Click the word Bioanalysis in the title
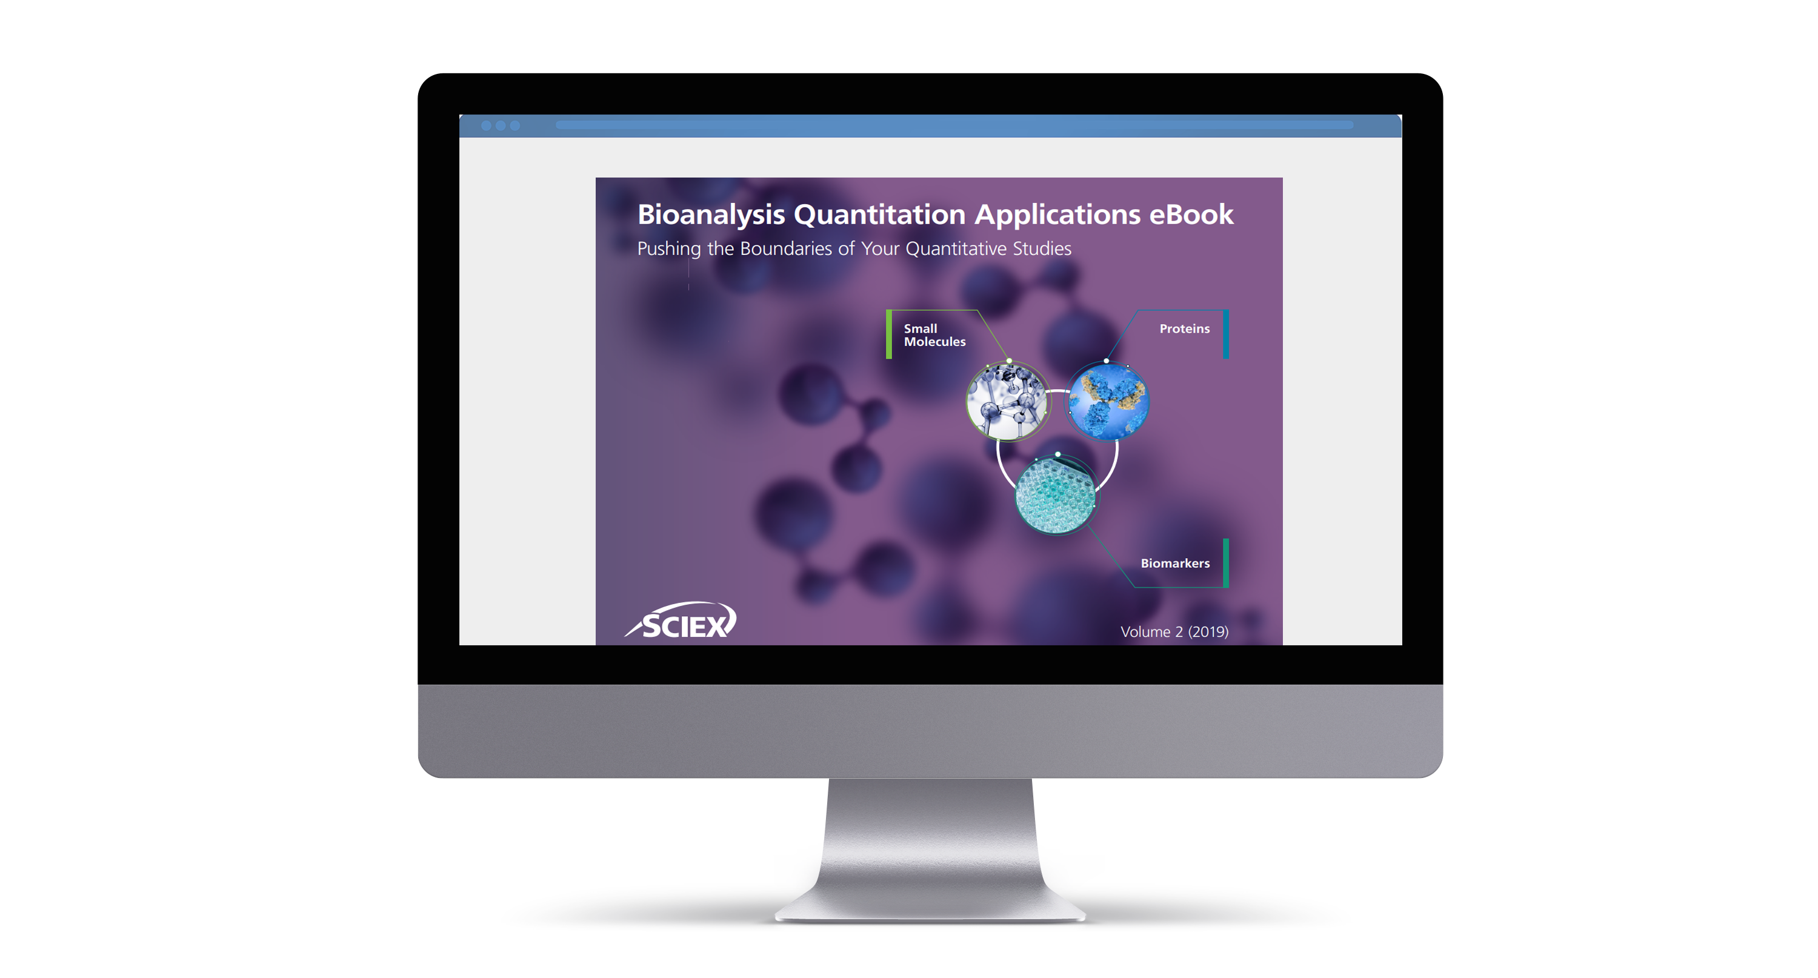pos(711,215)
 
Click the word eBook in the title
pos(1191,214)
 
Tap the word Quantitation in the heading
pos(879,215)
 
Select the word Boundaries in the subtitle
pos(785,248)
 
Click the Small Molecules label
pos(934,334)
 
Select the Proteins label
pos(1184,329)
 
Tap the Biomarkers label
pos(1175,563)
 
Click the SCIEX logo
pos(681,621)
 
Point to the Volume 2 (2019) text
pos(1174,631)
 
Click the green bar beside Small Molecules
pos(889,334)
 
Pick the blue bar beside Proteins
pos(1226,334)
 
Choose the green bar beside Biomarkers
pos(1226,563)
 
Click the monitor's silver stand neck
pos(930,840)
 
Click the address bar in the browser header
pos(954,125)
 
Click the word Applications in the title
pos(1057,215)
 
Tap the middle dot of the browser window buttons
pos(501,125)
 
